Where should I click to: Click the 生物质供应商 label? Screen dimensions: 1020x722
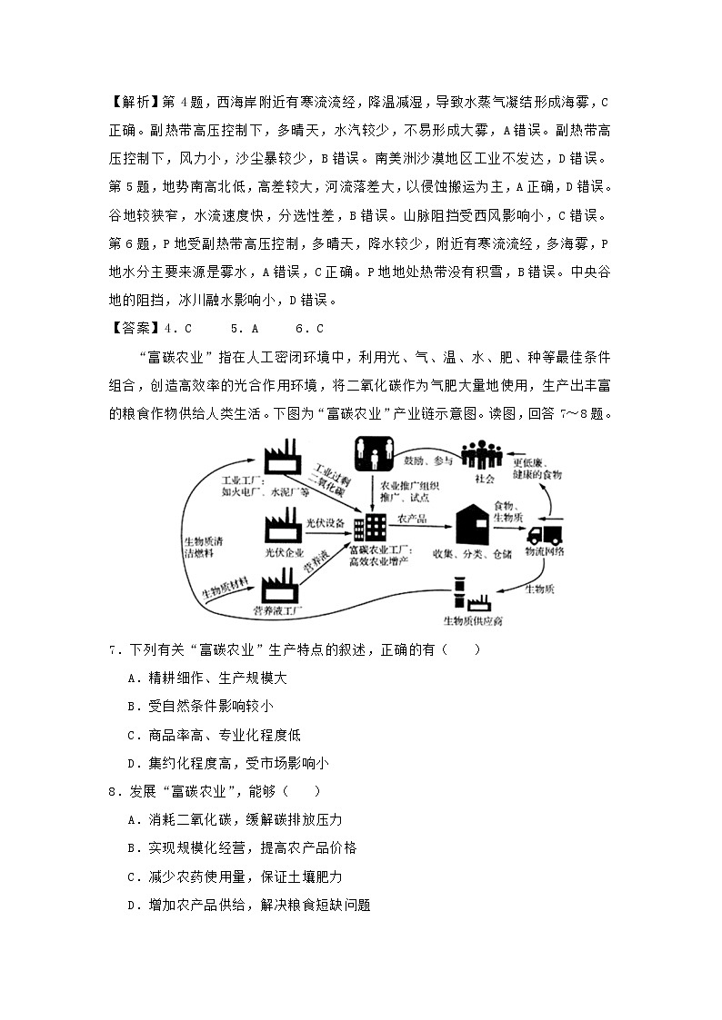point(472,622)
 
